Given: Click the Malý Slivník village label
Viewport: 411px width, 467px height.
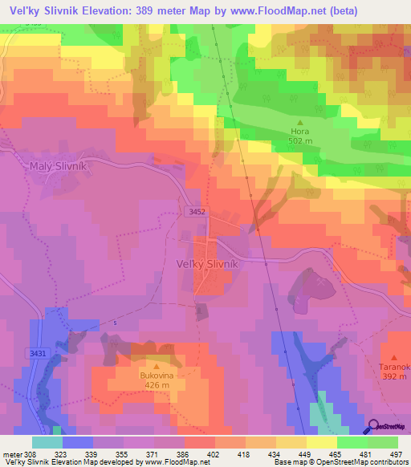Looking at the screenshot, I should pos(57,166).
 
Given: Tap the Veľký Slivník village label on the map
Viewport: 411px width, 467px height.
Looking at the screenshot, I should pos(207,263).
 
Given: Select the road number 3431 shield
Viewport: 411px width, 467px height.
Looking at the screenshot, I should pos(37,352).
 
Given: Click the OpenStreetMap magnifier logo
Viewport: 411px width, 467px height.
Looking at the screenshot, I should pos(373,427).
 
